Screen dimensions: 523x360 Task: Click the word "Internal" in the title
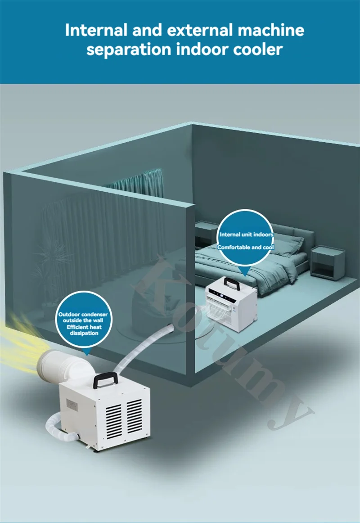pos(94,31)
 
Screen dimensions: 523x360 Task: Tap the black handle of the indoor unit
pos(232,284)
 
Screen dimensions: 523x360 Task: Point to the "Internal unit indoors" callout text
pos(246,234)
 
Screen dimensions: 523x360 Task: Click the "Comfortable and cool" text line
pos(246,247)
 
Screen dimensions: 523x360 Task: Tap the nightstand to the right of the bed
pos(328,263)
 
